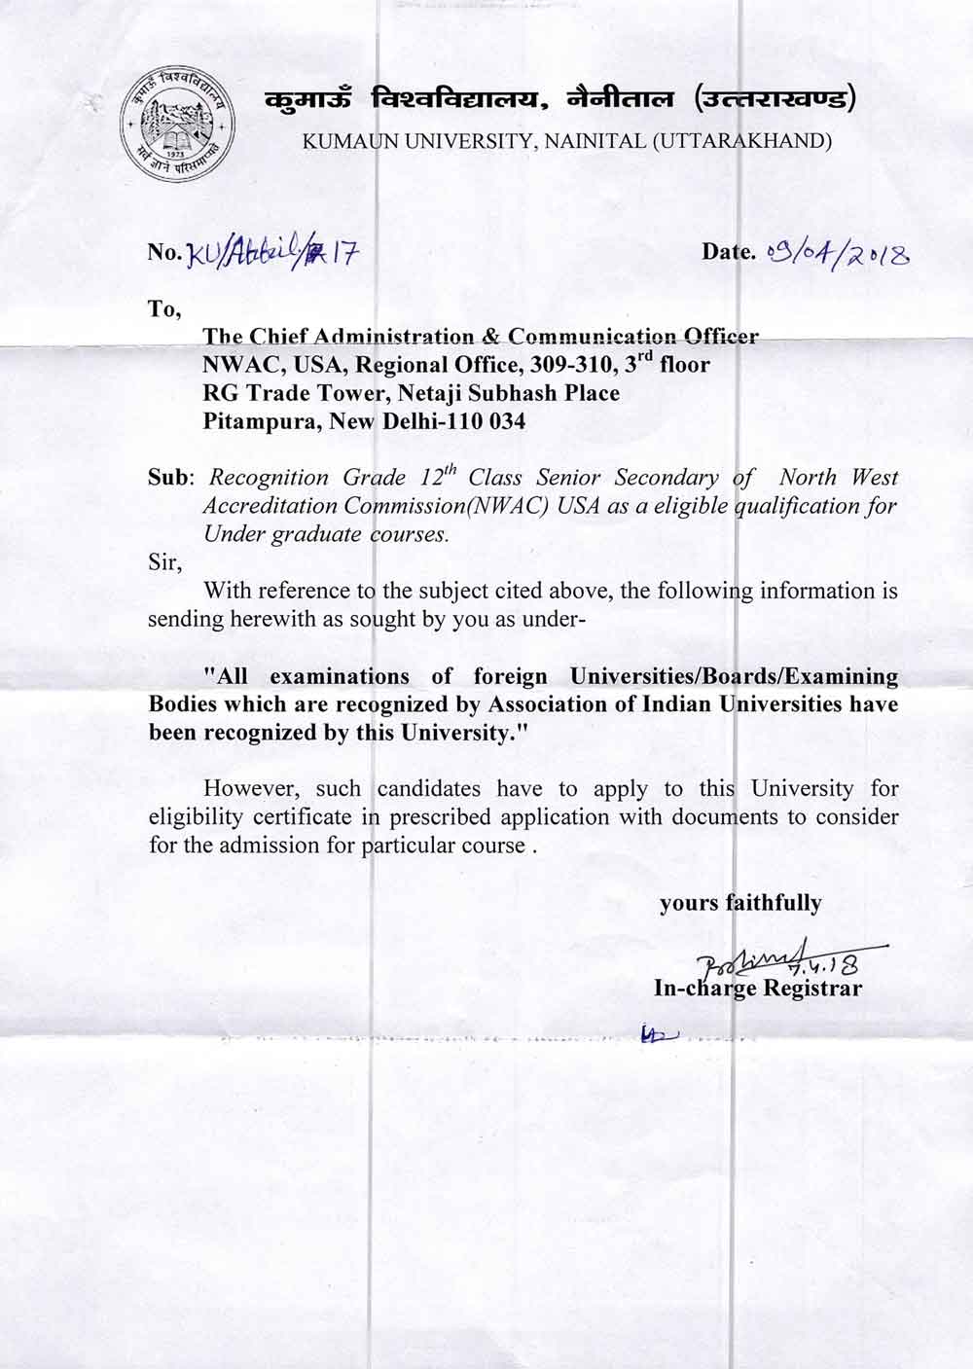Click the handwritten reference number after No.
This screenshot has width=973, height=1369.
(x=272, y=254)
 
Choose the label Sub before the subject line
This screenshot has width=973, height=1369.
(x=169, y=478)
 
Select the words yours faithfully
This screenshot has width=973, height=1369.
(x=740, y=903)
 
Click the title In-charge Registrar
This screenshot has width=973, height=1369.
(x=758, y=989)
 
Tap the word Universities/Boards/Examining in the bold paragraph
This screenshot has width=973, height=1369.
(x=734, y=675)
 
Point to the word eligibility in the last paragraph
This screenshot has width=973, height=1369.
(x=197, y=817)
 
